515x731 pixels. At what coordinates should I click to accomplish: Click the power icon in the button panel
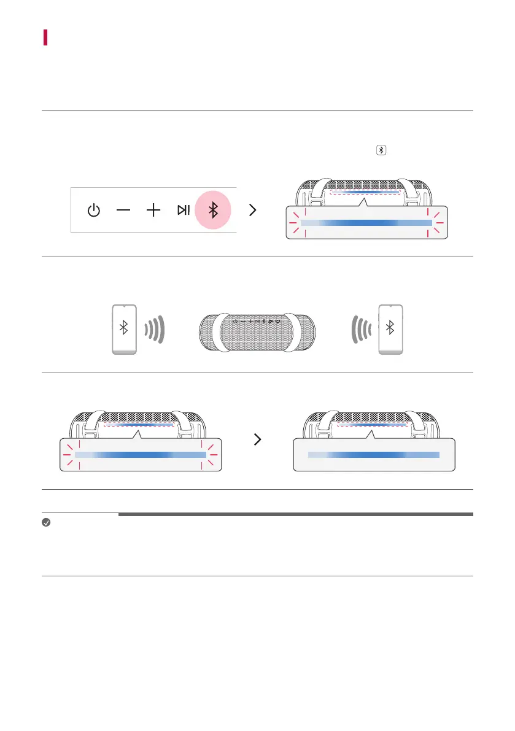click(x=93, y=211)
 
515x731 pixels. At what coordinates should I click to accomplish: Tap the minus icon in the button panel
click(x=123, y=211)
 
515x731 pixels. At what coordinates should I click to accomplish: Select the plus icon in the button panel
click(x=153, y=211)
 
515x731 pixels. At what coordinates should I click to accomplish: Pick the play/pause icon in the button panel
click(x=183, y=211)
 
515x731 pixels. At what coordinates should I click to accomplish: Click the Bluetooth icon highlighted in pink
click(x=213, y=211)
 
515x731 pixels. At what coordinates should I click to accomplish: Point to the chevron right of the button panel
click(x=252, y=211)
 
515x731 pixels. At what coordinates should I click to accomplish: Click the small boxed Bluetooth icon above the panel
click(x=381, y=150)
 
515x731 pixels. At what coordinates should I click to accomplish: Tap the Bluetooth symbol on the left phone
click(x=123, y=328)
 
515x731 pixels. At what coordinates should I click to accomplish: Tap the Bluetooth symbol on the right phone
click(x=389, y=328)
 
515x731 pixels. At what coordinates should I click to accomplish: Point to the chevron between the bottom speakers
click(x=258, y=439)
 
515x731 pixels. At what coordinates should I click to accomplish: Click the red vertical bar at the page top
click(x=45, y=36)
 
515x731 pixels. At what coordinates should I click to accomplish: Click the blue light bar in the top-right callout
click(x=367, y=223)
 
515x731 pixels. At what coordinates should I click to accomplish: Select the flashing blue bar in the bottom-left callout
click(x=141, y=454)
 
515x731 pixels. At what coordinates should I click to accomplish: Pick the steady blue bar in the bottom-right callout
click(x=374, y=454)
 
